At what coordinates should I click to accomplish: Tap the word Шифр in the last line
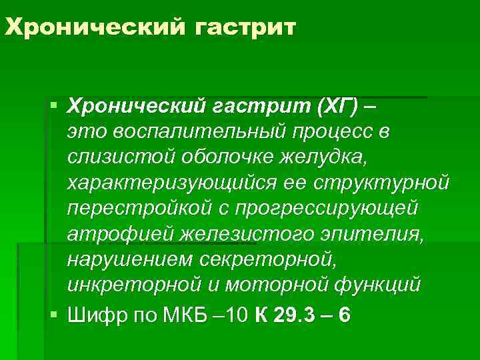(93, 314)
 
